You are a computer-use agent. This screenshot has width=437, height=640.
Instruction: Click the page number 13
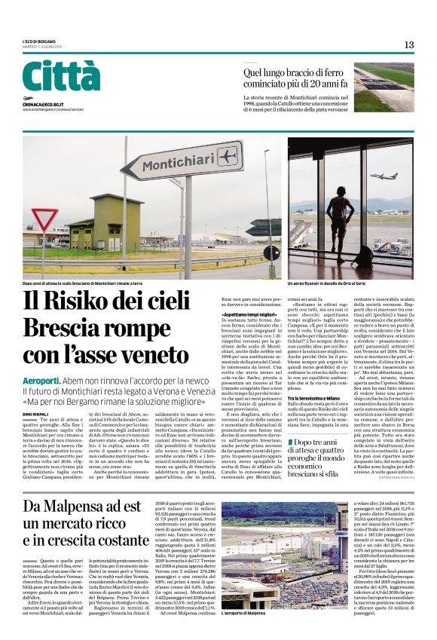point(409,44)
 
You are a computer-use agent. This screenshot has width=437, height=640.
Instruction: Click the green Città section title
point(61,77)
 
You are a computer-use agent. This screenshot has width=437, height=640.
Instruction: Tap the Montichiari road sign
point(171,161)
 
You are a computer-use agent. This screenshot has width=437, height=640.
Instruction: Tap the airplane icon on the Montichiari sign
point(204,155)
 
